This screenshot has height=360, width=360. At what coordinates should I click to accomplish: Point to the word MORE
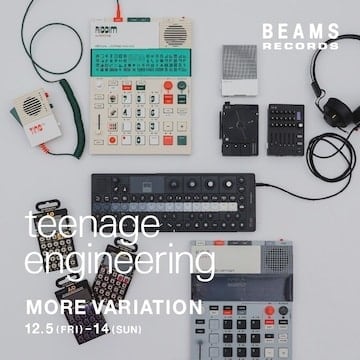click(x=53, y=304)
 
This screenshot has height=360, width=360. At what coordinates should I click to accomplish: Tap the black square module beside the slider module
click(x=240, y=126)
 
